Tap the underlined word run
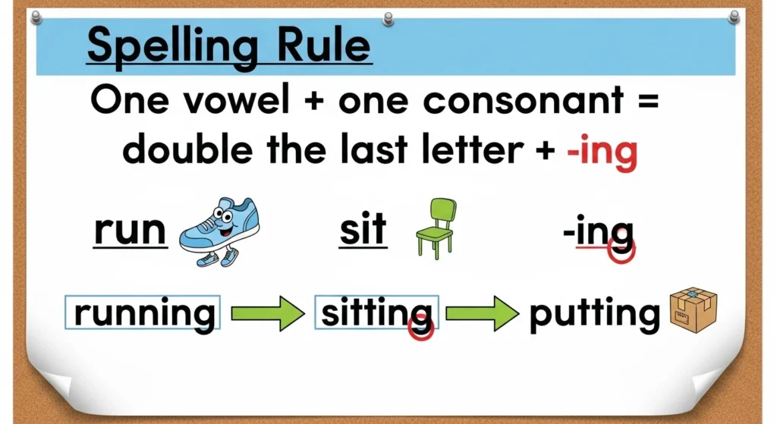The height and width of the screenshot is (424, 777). point(130,230)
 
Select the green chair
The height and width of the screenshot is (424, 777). point(436,227)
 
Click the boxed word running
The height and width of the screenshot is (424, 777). point(144,313)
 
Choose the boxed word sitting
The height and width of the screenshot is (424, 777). point(376,313)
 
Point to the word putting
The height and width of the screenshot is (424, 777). point(594,313)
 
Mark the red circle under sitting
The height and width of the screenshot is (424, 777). point(420,328)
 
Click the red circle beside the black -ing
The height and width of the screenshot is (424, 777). point(623,251)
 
